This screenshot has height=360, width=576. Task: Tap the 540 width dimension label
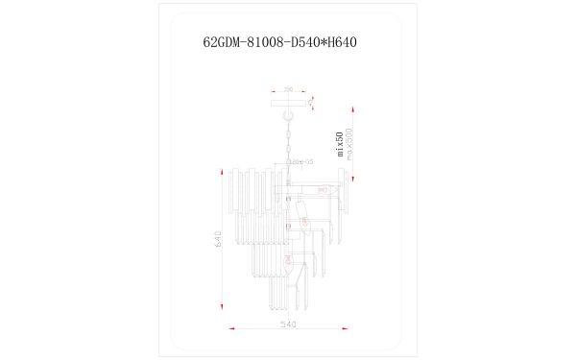point(287,325)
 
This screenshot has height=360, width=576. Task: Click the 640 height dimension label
point(218,239)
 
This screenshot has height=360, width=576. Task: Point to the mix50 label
point(339,142)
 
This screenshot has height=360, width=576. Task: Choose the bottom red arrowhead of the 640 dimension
point(223,310)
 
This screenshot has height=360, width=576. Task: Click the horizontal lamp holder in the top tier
point(317,186)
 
